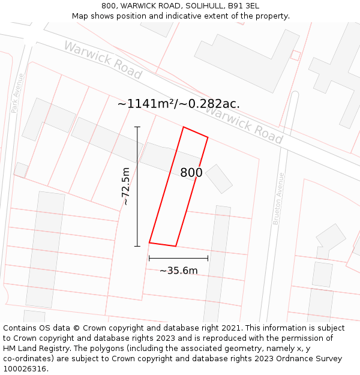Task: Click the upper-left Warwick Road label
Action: pyautogui.click(x=103, y=60)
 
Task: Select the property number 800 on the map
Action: pyautogui.click(x=191, y=173)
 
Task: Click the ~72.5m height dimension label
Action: pyautogui.click(x=125, y=187)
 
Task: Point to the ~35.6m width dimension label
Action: pyautogui.click(x=178, y=271)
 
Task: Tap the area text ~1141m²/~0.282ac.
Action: pyautogui.click(x=178, y=104)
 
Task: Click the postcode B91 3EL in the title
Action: pyautogui.click(x=244, y=6)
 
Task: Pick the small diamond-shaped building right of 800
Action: pyautogui.click(x=219, y=179)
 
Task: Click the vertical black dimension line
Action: pyautogui.click(x=137, y=187)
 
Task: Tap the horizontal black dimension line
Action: pyautogui.click(x=178, y=258)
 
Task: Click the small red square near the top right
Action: pyautogui.click(x=295, y=55)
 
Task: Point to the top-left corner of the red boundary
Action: pyautogui.click(x=184, y=127)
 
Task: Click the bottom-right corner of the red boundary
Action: pyautogui.click(x=176, y=246)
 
